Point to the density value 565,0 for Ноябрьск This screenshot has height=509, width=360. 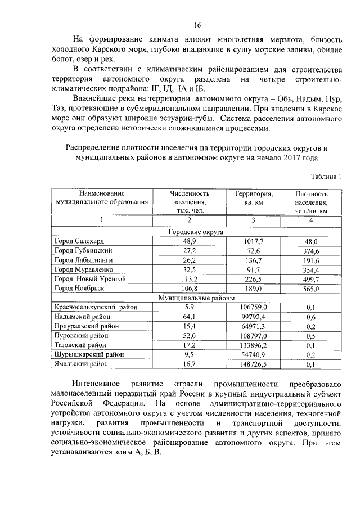pyautogui.click(x=311, y=289)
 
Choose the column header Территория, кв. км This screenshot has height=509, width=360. pyautogui.click(x=254, y=198)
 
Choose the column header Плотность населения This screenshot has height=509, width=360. pyautogui.click(x=311, y=202)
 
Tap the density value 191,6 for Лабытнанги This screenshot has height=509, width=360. pyautogui.click(x=311, y=260)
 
